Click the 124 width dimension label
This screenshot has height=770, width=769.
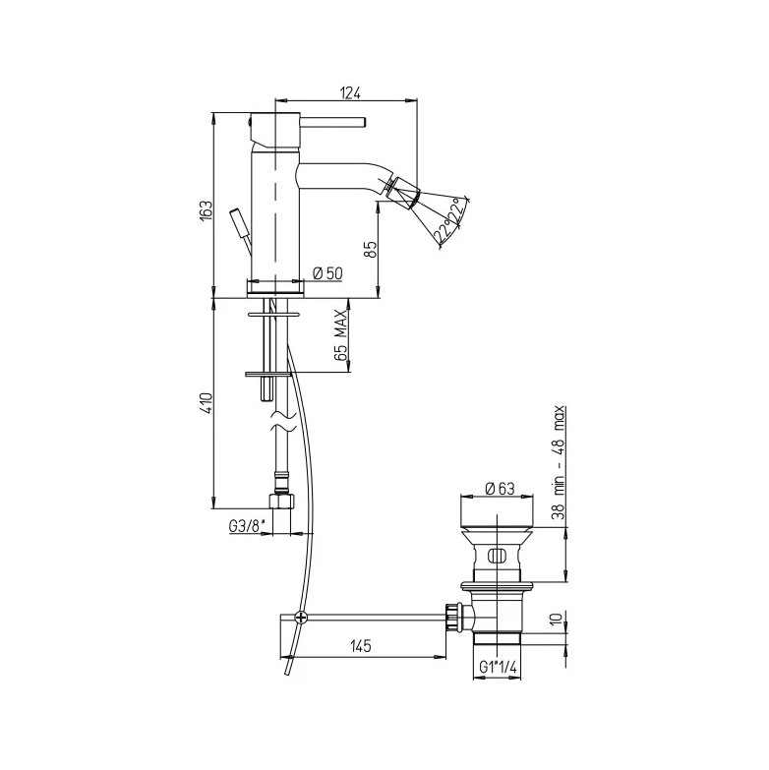350,92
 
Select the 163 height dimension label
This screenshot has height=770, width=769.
206,209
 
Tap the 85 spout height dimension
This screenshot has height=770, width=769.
371,249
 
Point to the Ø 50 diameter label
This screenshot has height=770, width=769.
327,273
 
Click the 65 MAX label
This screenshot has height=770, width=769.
340,335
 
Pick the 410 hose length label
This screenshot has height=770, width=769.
206,403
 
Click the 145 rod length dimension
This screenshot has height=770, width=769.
361,646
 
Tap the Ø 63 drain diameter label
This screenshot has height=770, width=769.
500,488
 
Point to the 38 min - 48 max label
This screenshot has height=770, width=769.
559,462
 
